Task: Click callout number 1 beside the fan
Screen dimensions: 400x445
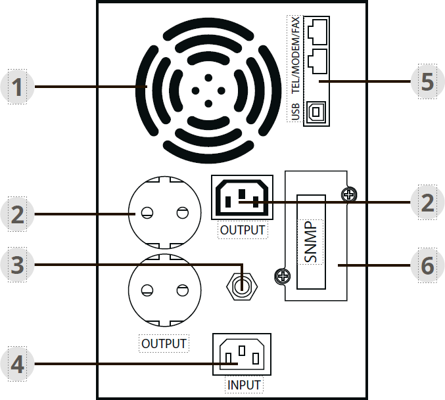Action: [18, 87]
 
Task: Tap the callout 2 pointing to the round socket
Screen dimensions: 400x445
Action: [18, 213]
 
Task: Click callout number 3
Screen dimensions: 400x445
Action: [18, 264]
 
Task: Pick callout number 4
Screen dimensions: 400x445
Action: [18, 365]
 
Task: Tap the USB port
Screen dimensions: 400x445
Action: [316, 112]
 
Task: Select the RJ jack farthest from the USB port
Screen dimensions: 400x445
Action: [317, 30]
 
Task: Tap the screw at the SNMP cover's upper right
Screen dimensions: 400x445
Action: [348, 194]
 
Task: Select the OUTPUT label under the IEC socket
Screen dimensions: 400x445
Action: [243, 231]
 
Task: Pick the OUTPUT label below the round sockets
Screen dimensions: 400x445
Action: [164, 344]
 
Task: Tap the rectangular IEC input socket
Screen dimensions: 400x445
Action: [242, 355]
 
